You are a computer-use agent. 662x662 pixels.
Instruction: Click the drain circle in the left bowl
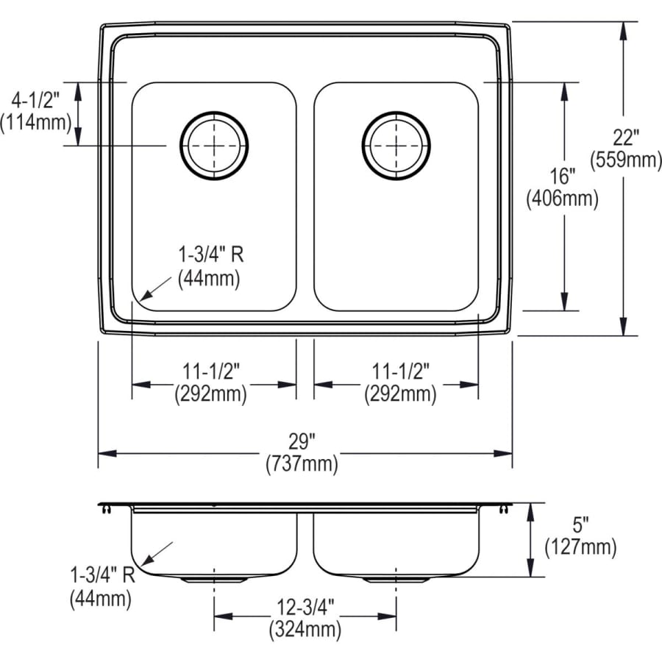214,144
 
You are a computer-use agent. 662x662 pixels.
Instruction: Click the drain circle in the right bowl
396,144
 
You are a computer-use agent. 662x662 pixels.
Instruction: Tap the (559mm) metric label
627,159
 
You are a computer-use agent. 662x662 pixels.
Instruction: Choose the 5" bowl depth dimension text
580,526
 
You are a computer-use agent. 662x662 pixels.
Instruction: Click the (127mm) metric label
580,547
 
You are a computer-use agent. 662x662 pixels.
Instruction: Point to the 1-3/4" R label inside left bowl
210,256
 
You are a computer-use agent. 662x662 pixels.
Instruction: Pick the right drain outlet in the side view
396,580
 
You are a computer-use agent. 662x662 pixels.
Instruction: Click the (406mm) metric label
562,198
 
